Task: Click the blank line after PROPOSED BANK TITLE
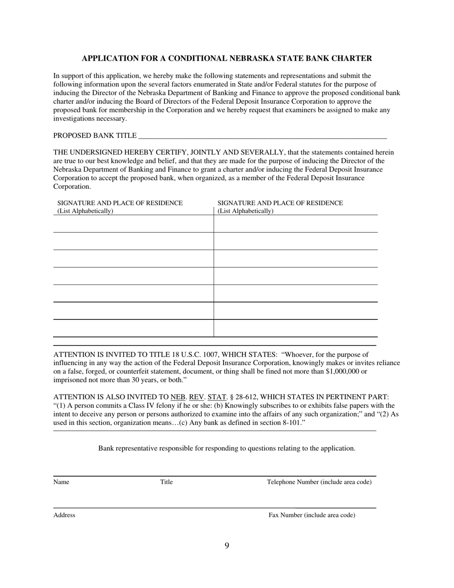(x=262, y=136)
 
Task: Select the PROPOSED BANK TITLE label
(x=95, y=136)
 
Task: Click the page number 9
(x=227, y=546)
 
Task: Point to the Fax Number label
(x=312, y=515)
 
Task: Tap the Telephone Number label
(x=319, y=482)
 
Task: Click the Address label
(x=64, y=515)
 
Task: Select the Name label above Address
(x=61, y=482)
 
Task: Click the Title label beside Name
(x=166, y=482)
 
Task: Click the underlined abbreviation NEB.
(x=178, y=397)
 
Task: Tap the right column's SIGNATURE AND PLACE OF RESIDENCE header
(x=280, y=203)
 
